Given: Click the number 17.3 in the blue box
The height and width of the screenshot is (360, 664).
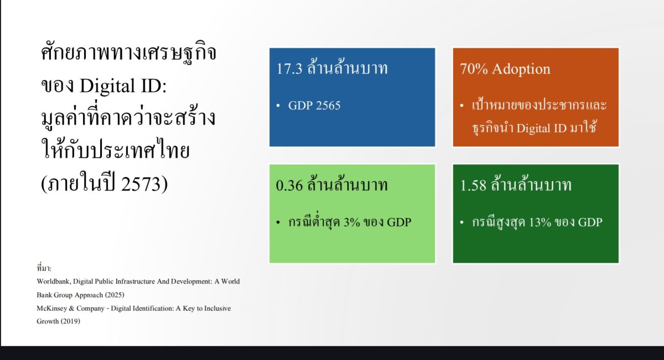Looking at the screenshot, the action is pos(289,69).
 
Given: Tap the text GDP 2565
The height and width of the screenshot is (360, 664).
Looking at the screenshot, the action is pos(314,106).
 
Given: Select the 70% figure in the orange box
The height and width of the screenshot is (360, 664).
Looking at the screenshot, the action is pos(474,69).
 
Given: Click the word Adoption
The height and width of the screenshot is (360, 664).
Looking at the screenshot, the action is pos(521,69).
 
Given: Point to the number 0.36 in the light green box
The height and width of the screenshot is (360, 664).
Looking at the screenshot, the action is pos(289,185).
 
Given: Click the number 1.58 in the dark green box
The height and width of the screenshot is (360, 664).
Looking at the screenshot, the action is pos(473,185).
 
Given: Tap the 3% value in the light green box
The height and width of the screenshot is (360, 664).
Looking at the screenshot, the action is pos(351,222).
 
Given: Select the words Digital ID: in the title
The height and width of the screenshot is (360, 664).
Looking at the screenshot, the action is pos(123,86).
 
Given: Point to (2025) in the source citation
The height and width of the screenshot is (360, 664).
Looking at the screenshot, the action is pos(115,295).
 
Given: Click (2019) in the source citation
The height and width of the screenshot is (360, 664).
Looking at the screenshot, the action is pos(70,321).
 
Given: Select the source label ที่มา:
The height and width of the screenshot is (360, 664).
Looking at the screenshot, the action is pos(44,268).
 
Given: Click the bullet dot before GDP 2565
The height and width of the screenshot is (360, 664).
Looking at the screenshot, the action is pos(278,106).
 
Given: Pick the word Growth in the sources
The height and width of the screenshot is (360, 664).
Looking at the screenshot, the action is pos(48,321).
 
